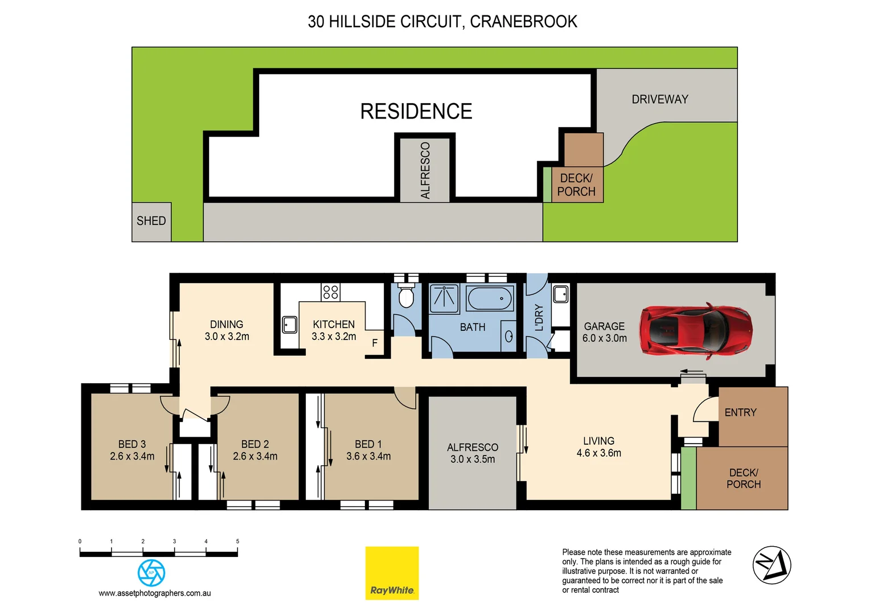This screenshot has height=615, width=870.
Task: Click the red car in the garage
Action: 695,330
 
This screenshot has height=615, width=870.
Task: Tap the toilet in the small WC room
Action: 406,298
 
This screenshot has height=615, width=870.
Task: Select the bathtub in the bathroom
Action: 489,298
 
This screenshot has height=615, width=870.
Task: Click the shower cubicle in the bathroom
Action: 444,299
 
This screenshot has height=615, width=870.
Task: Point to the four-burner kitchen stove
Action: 331,292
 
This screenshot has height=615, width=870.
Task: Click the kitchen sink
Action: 290,325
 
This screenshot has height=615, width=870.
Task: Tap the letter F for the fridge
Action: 375,343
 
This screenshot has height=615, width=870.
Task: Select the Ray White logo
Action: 392,573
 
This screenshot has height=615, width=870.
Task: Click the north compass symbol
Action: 771,565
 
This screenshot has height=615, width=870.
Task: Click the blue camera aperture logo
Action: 151,572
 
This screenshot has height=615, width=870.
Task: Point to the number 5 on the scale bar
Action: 237,542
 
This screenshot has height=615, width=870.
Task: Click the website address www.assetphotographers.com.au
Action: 155,593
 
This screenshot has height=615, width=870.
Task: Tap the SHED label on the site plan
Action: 151,221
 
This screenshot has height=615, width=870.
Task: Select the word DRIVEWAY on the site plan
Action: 660,100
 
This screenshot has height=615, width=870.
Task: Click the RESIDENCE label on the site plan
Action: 416,112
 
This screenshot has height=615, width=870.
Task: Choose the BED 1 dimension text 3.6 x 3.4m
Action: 368,457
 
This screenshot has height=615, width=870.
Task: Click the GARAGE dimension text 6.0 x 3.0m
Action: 604,338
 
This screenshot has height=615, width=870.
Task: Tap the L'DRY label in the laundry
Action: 539,318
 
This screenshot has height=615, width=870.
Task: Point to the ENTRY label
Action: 740,413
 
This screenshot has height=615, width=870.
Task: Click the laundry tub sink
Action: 560,294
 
